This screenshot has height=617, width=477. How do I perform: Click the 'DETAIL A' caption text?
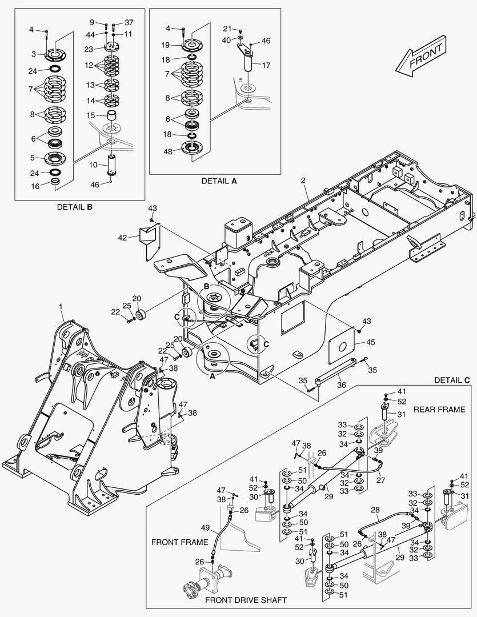[219, 181]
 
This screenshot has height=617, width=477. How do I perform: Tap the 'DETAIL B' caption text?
[74, 207]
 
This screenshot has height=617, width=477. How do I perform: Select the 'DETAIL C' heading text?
[452, 380]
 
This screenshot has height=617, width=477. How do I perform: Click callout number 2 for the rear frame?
[303, 181]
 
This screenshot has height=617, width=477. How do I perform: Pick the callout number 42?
[122, 237]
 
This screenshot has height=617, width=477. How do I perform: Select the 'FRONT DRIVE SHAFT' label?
[246, 600]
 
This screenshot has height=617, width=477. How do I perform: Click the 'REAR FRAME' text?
[439, 409]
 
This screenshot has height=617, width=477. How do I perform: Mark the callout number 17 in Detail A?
[266, 65]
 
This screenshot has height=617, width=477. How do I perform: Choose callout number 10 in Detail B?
[94, 165]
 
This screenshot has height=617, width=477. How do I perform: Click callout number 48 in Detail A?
[167, 151]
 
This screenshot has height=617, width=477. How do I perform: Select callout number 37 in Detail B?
[129, 23]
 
